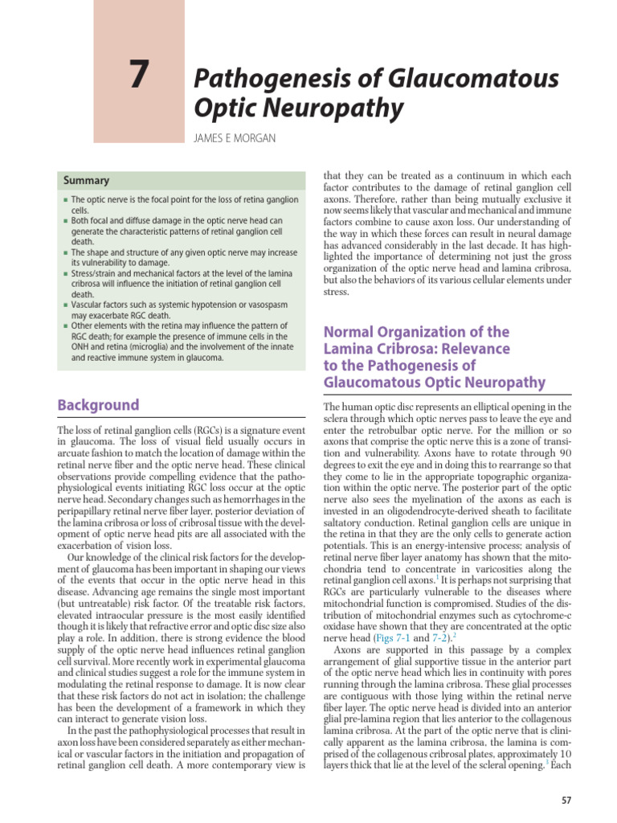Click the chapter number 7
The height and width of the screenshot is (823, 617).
coord(139,76)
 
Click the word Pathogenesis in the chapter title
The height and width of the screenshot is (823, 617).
coord(257,80)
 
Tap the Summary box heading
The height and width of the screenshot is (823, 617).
coord(87,181)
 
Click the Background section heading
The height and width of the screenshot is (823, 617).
coord(98,405)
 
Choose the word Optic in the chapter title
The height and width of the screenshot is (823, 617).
coord(223,108)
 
